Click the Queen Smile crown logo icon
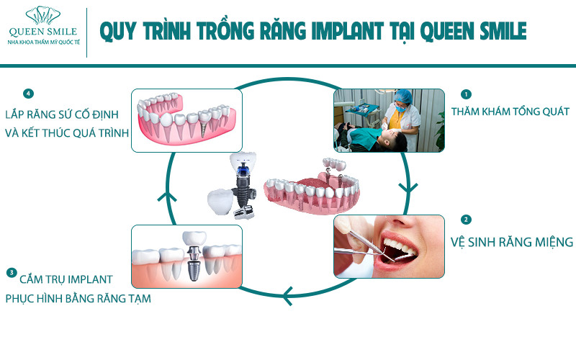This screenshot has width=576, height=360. tap(43, 15)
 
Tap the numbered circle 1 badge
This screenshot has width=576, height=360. tap(466, 94)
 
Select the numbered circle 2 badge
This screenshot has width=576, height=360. tap(466, 220)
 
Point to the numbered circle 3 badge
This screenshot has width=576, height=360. tap(12, 273)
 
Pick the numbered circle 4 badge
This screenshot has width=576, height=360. tap(28, 94)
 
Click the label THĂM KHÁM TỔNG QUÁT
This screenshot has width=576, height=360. tap(510, 112)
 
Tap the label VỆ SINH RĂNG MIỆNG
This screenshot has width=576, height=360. tap(512, 242)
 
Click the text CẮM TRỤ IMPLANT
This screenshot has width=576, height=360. tap(66, 279)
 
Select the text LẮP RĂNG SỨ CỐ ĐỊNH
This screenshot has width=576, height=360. tap(62, 114)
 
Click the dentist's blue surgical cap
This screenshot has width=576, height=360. tap(402, 96)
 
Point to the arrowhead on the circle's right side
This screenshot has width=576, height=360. tap(408, 188)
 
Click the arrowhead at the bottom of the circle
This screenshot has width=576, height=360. tap(287, 295)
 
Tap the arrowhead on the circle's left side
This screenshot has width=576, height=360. tap(167, 197)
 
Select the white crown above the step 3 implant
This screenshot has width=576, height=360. tap(194, 238)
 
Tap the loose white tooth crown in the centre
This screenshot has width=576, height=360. tap(220, 202)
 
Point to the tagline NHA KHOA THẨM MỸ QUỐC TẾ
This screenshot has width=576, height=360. tap(44, 42)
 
